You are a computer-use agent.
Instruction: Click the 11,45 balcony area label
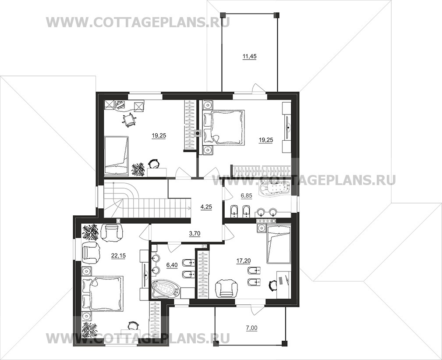(248, 56)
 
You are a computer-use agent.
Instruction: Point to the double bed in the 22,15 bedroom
(106, 294)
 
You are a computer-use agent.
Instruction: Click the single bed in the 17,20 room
(278, 244)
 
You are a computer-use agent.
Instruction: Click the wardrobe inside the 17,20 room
(203, 274)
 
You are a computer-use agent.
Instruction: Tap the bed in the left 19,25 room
(117, 152)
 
